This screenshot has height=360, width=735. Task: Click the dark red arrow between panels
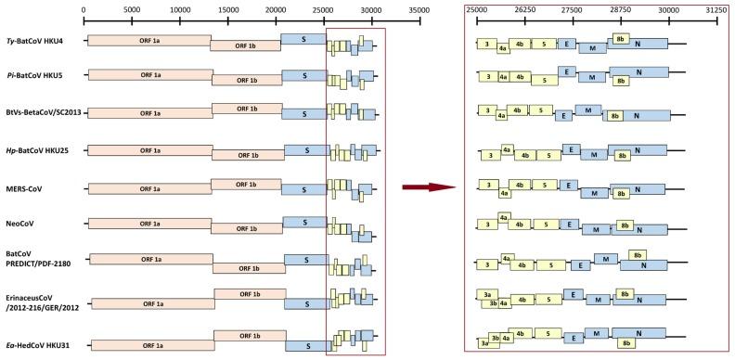429,186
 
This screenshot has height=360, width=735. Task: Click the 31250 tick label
716,10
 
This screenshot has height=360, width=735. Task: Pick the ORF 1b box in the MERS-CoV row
246,184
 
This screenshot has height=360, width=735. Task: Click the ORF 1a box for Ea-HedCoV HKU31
152,344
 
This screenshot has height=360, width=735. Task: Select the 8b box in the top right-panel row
621,38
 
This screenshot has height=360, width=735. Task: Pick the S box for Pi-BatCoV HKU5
303,75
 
